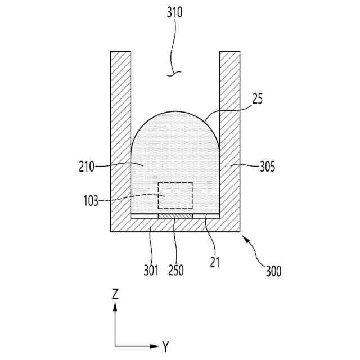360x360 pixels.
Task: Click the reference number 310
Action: (174, 12)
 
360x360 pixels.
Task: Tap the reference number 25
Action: (258, 100)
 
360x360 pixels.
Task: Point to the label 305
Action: (267, 166)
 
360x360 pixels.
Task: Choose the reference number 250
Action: (175, 269)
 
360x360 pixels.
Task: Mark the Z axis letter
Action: (115, 293)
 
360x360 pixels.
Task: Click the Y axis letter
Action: (165, 346)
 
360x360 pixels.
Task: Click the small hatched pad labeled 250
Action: (175, 216)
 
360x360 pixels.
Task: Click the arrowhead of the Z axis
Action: (115, 306)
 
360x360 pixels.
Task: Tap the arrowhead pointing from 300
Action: (244, 238)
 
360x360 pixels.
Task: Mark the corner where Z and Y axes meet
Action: (115, 346)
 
